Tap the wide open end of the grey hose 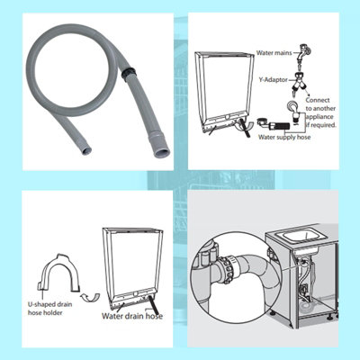point(159,153)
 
